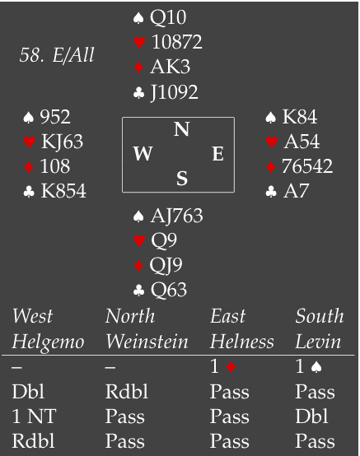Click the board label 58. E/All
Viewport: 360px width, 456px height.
click(57, 54)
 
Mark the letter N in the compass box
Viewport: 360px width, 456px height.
click(181, 129)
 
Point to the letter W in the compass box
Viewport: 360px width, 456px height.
click(143, 153)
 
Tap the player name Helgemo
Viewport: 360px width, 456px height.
click(48, 342)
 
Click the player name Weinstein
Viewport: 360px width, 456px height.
click(147, 341)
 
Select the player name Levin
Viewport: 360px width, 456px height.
click(318, 341)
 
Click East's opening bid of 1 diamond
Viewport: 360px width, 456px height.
click(222, 366)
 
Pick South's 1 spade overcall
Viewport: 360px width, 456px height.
click(308, 366)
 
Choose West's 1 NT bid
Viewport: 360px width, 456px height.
click(34, 416)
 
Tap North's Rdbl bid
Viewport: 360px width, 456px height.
click(127, 392)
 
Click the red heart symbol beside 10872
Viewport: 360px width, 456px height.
click(139, 42)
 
